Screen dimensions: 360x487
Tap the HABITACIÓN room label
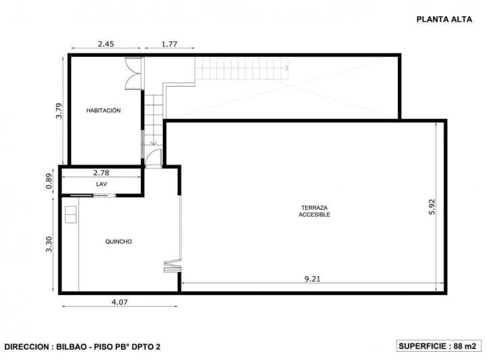[x=103, y=110]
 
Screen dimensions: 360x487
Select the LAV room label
[x=101, y=183]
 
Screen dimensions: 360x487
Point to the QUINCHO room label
[x=118, y=242]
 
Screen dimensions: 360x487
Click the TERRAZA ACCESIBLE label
[x=314, y=211]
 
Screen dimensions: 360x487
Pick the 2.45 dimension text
[x=105, y=44]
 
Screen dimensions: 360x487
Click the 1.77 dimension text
[x=169, y=44]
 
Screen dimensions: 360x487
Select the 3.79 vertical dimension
[x=60, y=110]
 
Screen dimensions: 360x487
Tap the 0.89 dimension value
[x=49, y=181]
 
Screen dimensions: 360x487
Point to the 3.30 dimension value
[x=49, y=244]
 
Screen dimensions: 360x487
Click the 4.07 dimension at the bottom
[x=119, y=302]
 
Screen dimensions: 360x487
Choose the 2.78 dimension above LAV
[x=101, y=173]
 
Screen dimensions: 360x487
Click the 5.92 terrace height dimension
[x=432, y=206]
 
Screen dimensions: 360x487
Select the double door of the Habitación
[x=133, y=75]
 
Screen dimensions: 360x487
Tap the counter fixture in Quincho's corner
[x=70, y=214]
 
